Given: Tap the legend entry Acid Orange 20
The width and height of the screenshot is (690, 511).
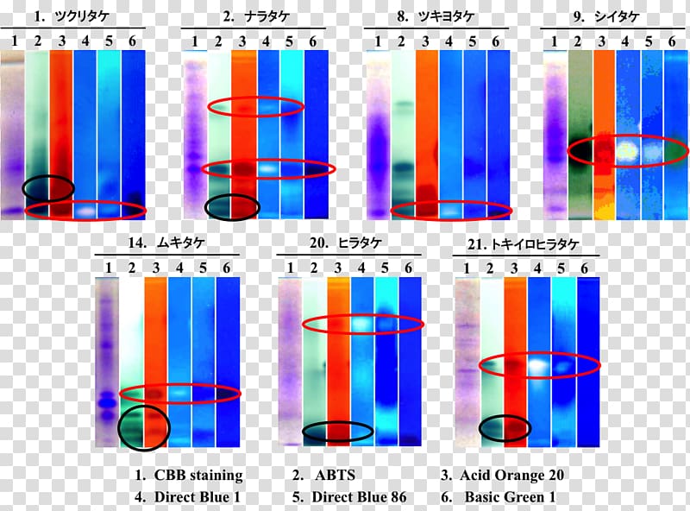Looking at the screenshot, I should (511, 476).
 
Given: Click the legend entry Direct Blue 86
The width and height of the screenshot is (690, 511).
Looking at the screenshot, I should (358, 497).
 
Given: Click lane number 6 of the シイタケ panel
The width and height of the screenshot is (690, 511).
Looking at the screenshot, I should (672, 41).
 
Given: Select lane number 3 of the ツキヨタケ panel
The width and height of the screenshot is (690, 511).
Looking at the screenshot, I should (424, 41).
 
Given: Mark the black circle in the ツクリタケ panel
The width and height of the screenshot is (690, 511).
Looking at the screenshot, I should (48, 186).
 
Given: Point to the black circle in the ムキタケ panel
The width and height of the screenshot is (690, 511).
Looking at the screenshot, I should (144, 425).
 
